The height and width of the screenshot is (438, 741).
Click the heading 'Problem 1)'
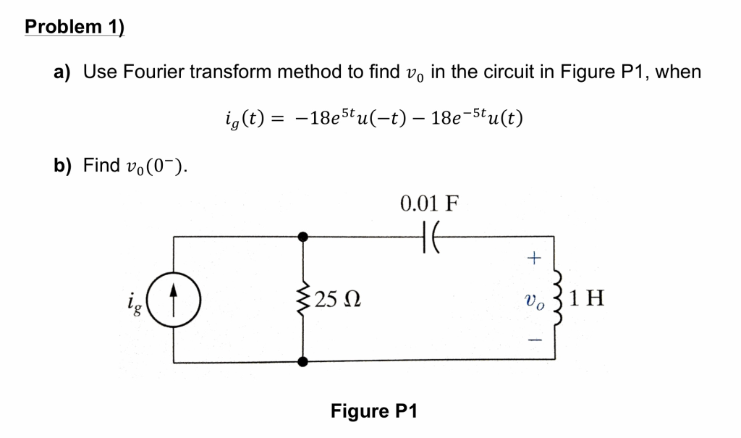click(x=75, y=27)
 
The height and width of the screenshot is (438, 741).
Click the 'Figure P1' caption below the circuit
click(x=374, y=411)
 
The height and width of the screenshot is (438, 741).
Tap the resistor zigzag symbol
click(x=304, y=298)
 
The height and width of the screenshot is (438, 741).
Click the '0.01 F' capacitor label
click(x=429, y=203)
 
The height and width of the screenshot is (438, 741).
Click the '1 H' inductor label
click(x=587, y=298)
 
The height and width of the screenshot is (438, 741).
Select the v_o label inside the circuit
click(x=533, y=298)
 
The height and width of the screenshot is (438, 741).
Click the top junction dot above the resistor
click(x=304, y=235)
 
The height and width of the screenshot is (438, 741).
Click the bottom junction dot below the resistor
click(x=304, y=361)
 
